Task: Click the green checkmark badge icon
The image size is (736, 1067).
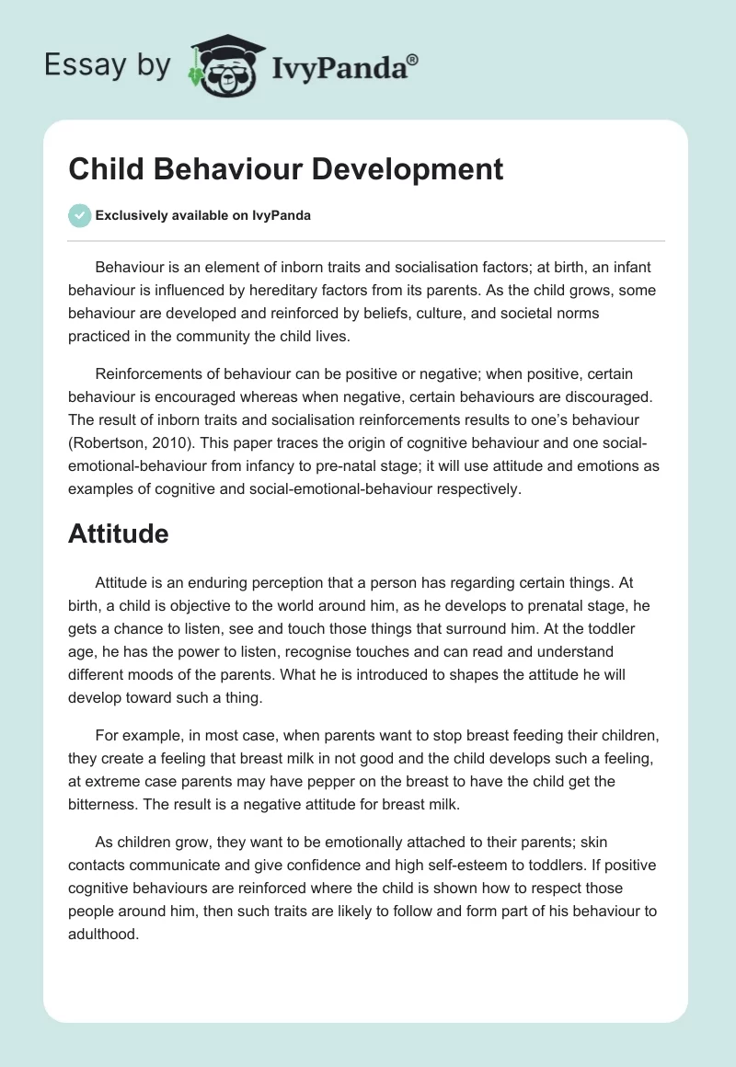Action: click(x=79, y=215)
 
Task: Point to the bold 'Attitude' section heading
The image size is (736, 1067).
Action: click(x=118, y=533)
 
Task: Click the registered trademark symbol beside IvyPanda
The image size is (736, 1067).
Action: click(x=412, y=57)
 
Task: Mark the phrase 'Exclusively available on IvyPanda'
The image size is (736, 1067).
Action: click(x=203, y=215)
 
